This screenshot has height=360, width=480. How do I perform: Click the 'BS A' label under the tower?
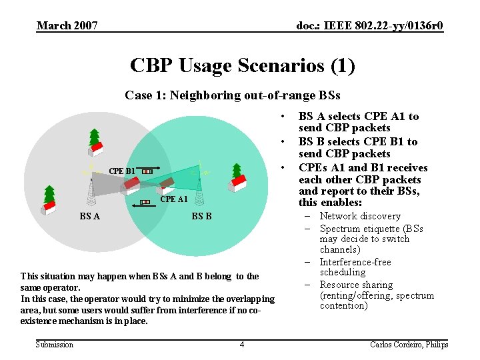point(90,216)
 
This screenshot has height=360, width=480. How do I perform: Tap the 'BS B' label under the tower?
point(201,216)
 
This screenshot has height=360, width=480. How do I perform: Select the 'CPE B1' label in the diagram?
point(121,171)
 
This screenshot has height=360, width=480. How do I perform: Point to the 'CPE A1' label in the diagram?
point(173,199)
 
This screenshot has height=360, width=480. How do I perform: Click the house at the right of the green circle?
point(237,181)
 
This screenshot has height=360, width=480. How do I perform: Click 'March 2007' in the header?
point(67,26)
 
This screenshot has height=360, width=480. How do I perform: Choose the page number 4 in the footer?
point(242,344)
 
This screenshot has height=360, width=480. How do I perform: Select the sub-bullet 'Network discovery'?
point(360,216)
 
